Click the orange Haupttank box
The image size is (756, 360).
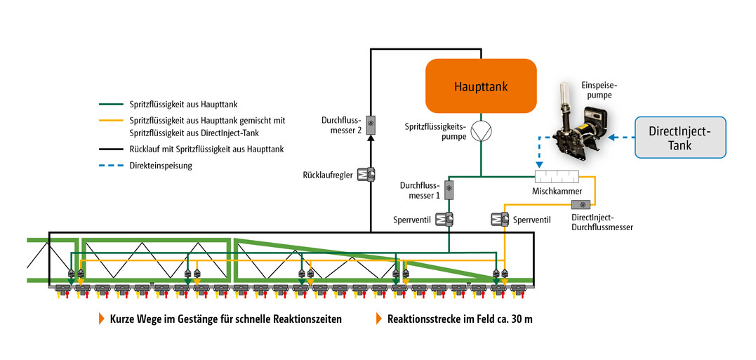click(481, 86)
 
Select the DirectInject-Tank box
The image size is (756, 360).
click(679, 137)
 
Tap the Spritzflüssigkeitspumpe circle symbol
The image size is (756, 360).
click(481, 131)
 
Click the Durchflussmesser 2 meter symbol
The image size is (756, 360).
click(371, 124)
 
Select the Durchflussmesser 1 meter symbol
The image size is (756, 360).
click(449, 189)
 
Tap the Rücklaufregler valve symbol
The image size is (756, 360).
click(366, 174)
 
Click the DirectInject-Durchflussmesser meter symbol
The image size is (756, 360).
click(581, 205)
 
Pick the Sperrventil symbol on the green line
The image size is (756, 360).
click(444, 220)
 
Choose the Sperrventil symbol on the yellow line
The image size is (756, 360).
click(499, 220)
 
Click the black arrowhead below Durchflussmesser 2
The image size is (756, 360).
click(371, 138)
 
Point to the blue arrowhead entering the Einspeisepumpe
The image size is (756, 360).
click(611, 138)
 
